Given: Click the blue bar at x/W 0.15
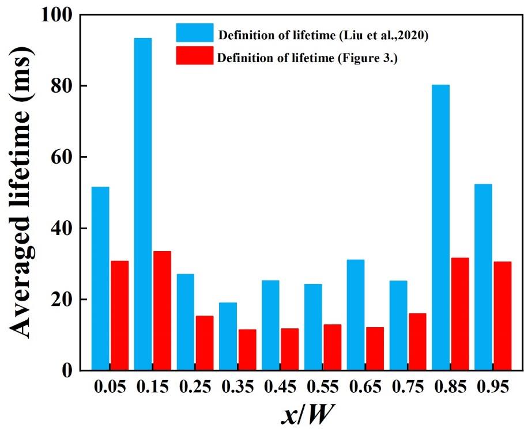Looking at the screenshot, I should (x=143, y=204).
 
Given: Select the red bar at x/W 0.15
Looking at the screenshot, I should (x=162, y=310).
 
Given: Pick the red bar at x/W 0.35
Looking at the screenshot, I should (x=247, y=350).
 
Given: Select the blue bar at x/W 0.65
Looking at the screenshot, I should (x=356, y=314).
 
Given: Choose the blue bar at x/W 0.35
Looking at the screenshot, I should (x=228, y=336).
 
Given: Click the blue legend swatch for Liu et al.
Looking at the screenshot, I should (x=195, y=33).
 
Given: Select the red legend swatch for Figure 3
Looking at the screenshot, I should (x=195, y=55).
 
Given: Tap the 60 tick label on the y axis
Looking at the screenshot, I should (x=62, y=157).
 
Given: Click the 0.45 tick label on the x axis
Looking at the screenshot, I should (x=280, y=388).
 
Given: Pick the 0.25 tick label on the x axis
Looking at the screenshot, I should (x=195, y=388).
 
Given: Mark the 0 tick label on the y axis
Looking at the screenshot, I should (x=68, y=370).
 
